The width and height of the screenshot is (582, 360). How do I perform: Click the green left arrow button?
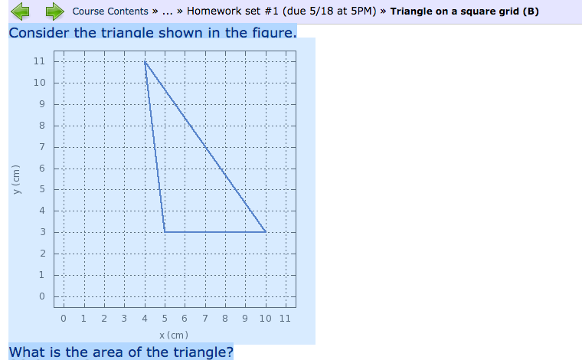pos(21,11)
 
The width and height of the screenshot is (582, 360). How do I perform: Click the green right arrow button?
pos(55,11)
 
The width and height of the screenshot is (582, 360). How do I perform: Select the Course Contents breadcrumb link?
pos(110,11)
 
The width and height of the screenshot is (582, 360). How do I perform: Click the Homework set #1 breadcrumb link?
pos(281,11)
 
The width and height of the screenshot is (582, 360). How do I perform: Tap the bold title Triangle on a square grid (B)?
pos(464,11)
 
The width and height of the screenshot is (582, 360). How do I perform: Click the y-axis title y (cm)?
pos(16,180)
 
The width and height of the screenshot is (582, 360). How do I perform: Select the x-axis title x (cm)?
pos(174,335)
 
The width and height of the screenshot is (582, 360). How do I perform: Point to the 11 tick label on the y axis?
pos(39,61)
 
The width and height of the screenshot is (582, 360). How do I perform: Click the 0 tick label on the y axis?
pos(42,296)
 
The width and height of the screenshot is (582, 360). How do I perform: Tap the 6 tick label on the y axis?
pos(42,168)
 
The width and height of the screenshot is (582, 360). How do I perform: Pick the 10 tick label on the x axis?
pos(266,319)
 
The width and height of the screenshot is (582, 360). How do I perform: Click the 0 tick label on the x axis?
pos(64,319)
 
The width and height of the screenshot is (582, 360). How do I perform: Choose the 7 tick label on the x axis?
pos(205,319)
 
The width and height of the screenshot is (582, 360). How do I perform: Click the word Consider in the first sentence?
pos(39,33)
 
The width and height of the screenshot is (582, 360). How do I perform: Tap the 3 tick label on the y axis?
pos(43,232)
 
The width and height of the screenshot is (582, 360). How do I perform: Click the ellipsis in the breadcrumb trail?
pos(168,11)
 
